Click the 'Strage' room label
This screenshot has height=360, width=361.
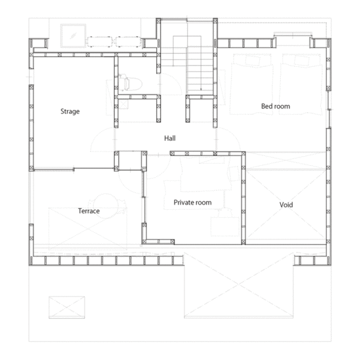[x=70, y=111]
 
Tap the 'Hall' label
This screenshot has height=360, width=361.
[x=170, y=138]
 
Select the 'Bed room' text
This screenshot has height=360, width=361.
[x=276, y=106]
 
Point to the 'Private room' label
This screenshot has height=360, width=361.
[x=192, y=203]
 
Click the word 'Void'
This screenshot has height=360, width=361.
[x=286, y=205]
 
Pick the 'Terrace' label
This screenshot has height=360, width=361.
[x=89, y=211]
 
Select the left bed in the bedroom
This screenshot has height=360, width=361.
[x=252, y=84]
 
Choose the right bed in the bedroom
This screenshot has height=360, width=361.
[x=301, y=84]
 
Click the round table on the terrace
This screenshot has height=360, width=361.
[x=106, y=206]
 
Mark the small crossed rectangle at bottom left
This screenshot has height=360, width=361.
[x=67, y=308]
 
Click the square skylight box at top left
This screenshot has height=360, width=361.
[x=74, y=35]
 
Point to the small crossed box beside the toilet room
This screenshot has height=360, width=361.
[x=123, y=104]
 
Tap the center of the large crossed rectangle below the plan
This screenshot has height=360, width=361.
[x=239, y=285]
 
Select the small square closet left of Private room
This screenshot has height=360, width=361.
[x=131, y=161]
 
